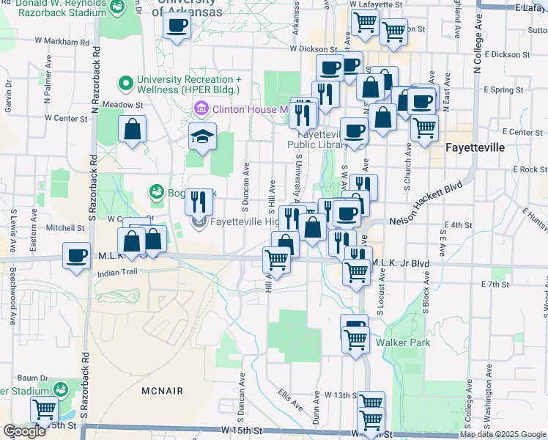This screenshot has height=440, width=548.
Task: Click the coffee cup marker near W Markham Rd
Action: pos(176,27)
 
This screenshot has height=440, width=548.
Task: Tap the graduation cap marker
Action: pos(201,136)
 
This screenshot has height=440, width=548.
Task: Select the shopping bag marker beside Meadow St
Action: pos(132,130)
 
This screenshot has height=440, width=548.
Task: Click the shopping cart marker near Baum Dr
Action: pos(44,409)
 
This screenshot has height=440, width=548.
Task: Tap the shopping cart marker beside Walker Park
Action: pos(355,340)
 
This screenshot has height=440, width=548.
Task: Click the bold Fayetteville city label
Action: pos(475,147)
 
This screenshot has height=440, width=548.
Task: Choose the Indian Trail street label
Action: pos(116,271)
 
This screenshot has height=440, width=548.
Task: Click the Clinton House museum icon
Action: pos(201,109)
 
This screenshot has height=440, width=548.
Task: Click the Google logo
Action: pos(25,431)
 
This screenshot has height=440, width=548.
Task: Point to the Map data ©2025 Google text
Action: pos(503,434)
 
